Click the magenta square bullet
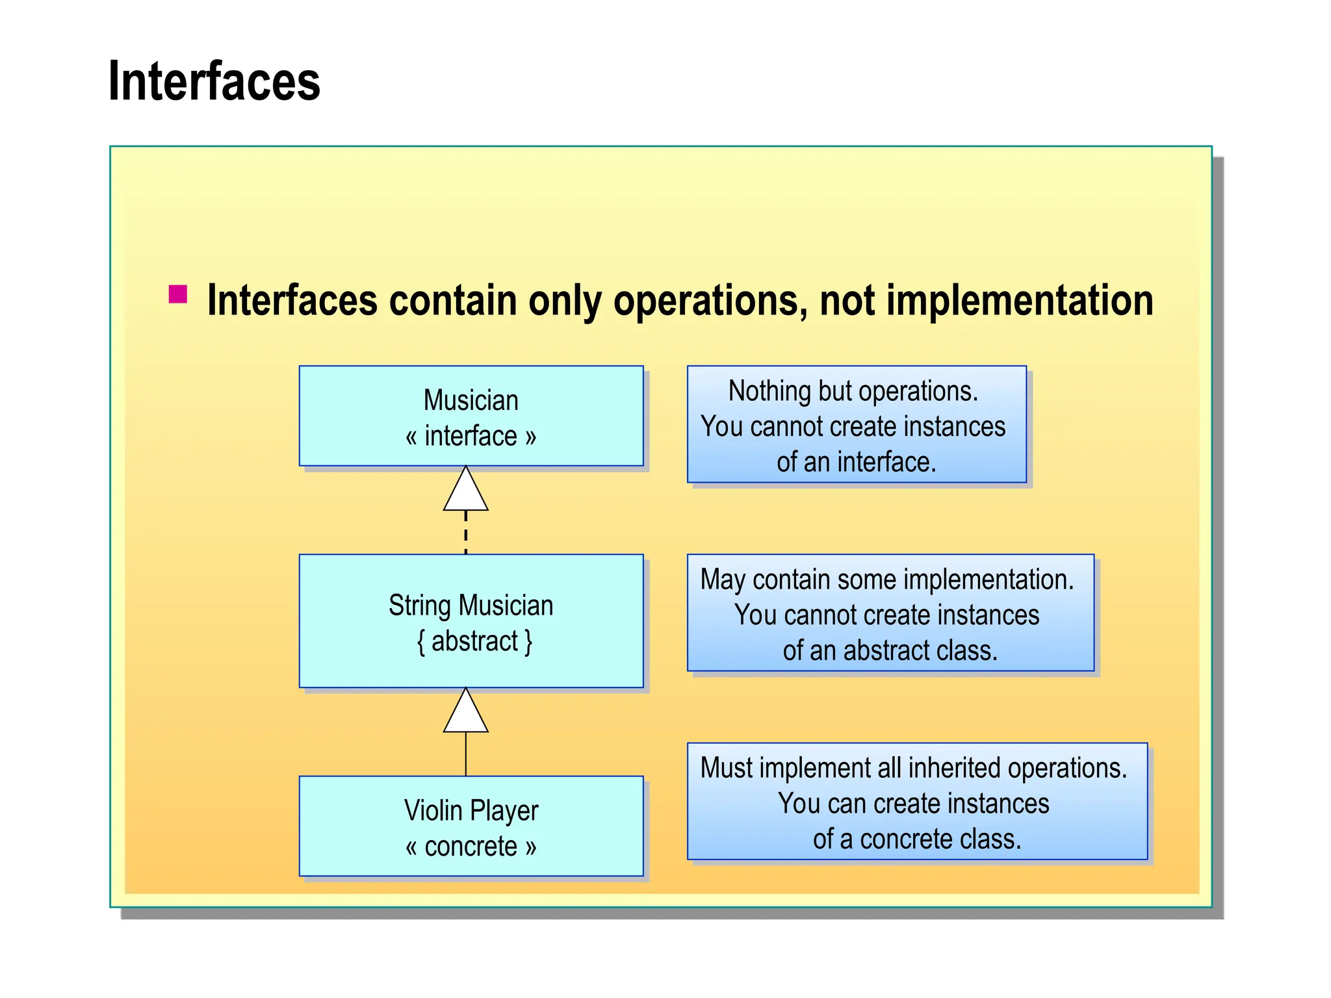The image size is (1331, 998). coord(177,294)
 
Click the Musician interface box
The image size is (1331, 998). coord(471,416)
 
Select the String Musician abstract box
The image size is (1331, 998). coord(471,621)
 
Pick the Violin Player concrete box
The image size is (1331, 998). coord(471,826)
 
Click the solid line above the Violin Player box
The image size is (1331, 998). coord(465,754)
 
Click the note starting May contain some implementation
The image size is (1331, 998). coord(890,613)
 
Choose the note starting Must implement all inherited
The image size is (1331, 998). coord(916,801)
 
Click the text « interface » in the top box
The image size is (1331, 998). coord(471,436)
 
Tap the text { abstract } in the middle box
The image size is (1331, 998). coord(474,641)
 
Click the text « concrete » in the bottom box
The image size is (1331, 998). coord(471,847)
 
